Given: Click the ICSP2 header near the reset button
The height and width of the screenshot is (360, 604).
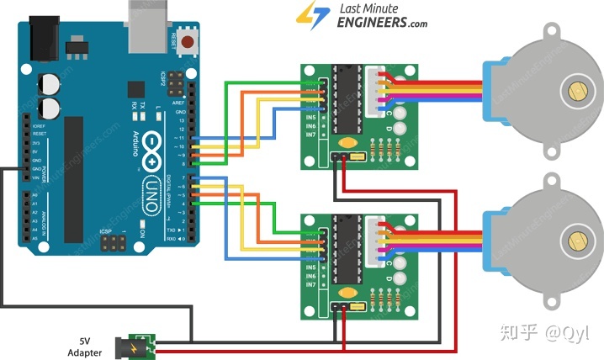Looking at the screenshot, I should coord(177,83).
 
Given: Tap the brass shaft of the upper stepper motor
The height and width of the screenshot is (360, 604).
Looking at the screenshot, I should coord(577,91).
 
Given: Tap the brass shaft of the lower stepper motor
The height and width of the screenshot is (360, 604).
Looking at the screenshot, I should coord(577,241).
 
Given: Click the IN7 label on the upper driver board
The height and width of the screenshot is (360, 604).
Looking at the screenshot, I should coord(311,135).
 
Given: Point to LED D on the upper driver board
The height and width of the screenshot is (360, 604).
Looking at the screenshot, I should coord(400,129).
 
